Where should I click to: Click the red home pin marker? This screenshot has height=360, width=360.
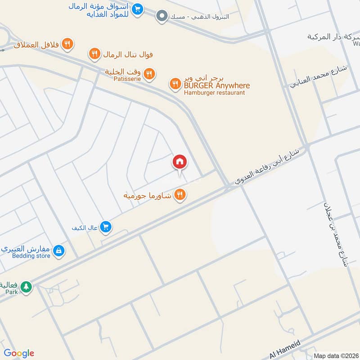click(x=180, y=162)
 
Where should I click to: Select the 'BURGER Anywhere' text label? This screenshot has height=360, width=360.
click(x=216, y=85)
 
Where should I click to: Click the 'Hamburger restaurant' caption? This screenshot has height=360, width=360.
click(x=214, y=93)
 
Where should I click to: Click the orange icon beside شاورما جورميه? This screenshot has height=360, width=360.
click(x=180, y=194)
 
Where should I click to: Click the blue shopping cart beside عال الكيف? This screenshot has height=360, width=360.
click(x=106, y=227)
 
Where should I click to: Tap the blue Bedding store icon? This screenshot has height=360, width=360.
click(x=58, y=251)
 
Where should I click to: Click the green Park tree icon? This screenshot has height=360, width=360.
click(x=27, y=287)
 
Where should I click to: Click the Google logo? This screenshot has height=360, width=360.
click(x=19, y=353)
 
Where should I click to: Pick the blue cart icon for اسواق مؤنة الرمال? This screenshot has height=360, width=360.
click(x=138, y=8)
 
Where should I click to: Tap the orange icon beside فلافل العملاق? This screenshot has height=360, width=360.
click(x=67, y=44)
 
